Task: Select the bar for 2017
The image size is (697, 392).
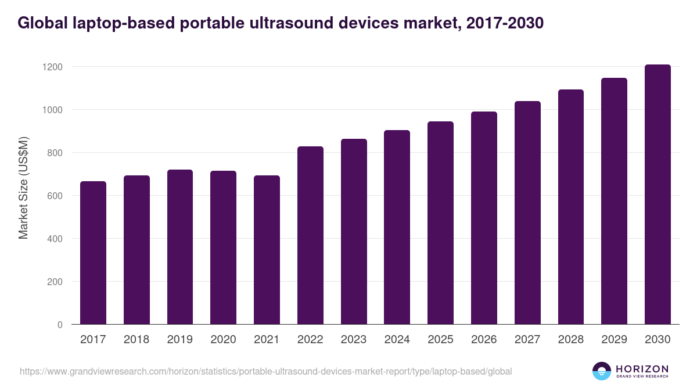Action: [93, 253]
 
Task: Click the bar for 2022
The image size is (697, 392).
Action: [310, 235]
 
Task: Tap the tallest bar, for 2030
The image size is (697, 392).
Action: [658, 195]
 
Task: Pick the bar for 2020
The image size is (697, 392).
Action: [223, 247]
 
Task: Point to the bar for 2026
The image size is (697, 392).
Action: [484, 218]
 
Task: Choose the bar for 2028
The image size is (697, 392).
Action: [571, 207]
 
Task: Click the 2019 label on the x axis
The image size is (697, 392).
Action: [180, 340]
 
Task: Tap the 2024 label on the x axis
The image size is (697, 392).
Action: [397, 340]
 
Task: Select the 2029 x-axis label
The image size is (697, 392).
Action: [614, 340]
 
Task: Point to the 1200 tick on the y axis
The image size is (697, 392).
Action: [52, 67]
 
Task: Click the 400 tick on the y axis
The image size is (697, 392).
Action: [55, 239]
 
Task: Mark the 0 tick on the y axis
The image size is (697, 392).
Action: [60, 325]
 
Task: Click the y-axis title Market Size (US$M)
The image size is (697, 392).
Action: [23, 188]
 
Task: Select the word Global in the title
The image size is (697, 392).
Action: [39, 23]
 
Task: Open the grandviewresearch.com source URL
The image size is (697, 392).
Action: [265, 371]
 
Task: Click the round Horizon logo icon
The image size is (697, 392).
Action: [601, 371]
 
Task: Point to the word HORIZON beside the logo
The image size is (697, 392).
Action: [642, 368]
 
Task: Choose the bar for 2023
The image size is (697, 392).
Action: [354, 231]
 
